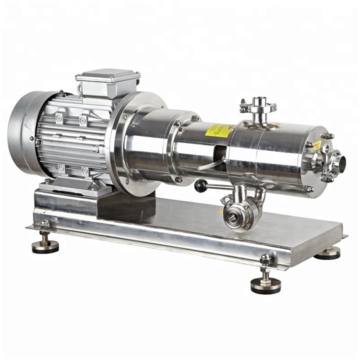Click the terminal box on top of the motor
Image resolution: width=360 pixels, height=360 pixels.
[108, 83]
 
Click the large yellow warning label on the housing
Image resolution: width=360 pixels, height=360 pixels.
[218, 130]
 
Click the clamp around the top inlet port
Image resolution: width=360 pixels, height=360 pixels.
[258, 109]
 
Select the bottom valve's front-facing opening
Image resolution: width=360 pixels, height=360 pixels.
[233, 219]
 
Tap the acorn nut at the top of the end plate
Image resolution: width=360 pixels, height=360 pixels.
[329, 136]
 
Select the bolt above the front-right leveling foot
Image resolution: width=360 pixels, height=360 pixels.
[265, 260]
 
